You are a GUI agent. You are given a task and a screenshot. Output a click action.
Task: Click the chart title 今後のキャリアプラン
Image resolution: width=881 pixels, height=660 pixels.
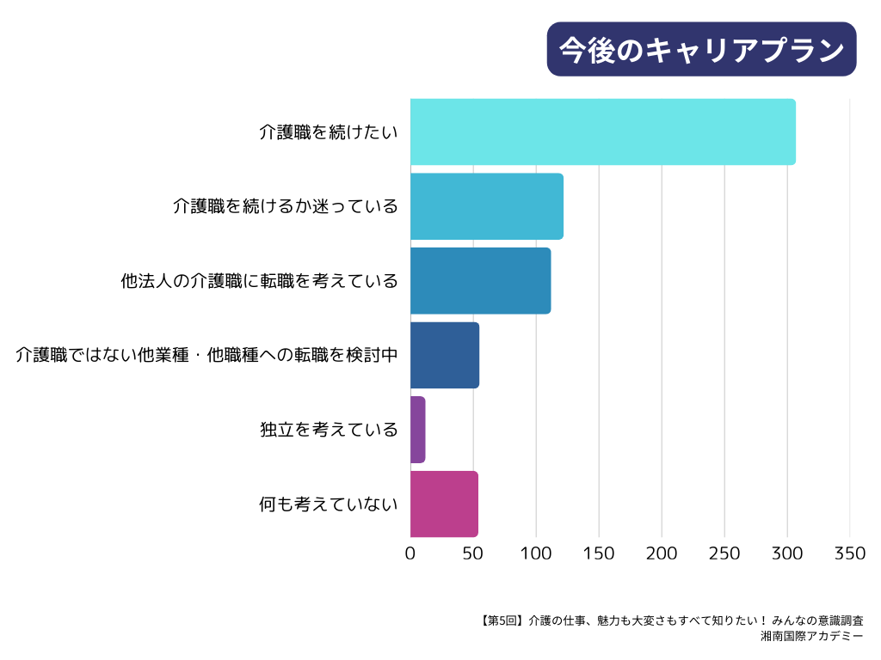pos(701,49)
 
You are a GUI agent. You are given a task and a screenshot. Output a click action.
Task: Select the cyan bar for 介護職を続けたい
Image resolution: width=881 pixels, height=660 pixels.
pos(602,131)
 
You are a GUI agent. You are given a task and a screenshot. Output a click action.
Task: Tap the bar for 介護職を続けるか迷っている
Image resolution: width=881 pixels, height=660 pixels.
pos(486,206)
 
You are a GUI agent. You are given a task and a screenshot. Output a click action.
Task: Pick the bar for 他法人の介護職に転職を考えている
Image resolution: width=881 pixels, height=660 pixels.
pos(480,281)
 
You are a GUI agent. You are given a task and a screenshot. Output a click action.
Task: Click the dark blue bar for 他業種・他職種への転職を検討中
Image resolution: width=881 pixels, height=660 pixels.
pos(444,355)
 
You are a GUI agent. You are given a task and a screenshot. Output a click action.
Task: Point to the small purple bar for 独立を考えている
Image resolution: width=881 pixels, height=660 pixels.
pos(418,430)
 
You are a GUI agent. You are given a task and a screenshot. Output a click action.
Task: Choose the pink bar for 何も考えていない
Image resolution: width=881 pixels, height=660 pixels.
pos(444,504)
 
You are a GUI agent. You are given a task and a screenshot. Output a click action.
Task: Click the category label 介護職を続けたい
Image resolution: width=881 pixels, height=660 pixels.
pos(329,132)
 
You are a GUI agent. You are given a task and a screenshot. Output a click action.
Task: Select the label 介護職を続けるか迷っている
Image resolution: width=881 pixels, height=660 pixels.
pos(286,206)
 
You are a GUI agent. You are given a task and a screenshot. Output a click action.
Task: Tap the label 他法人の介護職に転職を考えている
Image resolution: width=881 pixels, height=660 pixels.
pos(260,281)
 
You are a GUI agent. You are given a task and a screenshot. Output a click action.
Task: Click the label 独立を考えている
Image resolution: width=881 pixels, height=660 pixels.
pos(329,430)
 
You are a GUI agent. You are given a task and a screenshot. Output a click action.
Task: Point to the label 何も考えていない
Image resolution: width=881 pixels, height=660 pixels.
pos(329,504)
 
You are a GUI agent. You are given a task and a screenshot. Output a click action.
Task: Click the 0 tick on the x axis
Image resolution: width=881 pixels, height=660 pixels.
pos(410,553)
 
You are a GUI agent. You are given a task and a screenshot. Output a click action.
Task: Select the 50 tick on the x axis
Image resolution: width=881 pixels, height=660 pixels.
pos(473,553)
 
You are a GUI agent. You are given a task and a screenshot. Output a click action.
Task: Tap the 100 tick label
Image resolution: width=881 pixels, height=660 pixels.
pos(536,553)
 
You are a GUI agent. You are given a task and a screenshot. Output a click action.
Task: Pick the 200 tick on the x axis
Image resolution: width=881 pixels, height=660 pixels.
pos(662,553)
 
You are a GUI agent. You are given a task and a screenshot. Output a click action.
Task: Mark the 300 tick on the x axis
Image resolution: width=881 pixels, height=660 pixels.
pos(787,553)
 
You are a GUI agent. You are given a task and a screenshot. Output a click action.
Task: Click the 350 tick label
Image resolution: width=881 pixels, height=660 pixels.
pos(850,553)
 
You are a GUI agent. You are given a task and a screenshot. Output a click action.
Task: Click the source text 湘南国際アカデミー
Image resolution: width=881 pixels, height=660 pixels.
pos(812,637)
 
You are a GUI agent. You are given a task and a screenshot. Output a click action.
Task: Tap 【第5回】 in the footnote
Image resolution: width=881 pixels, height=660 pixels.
pos(498,620)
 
